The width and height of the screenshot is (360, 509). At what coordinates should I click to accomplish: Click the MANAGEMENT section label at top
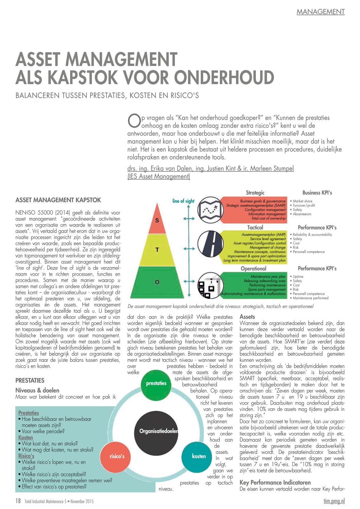(321, 12)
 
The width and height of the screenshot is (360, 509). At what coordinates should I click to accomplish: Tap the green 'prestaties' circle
(156, 383)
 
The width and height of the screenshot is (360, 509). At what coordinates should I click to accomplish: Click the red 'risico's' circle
(117, 456)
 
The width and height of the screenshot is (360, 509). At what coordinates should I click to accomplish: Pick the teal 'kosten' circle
(199, 456)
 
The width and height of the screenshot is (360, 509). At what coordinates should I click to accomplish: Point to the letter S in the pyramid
(157, 220)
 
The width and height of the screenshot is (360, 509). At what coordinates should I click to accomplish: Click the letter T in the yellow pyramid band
(157, 250)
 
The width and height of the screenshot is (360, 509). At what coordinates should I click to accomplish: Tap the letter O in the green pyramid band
(157, 282)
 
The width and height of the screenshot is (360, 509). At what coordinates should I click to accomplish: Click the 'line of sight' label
(183, 201)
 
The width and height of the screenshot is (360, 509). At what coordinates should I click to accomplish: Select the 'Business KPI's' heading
(317, 193)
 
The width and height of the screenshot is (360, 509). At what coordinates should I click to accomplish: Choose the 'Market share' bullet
(302, 201)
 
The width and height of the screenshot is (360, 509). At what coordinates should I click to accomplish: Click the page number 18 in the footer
(18, 501)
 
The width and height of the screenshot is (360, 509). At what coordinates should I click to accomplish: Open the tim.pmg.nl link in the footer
(334, 501)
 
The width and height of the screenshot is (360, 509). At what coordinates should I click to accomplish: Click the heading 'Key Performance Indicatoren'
(275, 482)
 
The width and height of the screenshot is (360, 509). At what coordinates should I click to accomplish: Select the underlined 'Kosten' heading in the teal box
(26, 438)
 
